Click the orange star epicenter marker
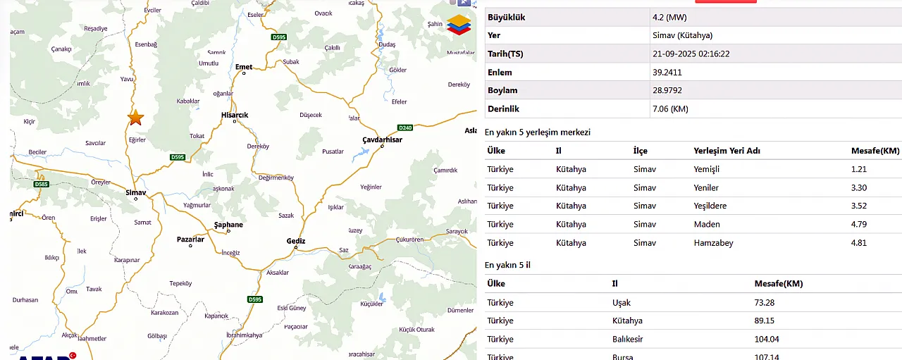[135, 118]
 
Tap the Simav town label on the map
[135, 192]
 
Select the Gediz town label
[296, 241]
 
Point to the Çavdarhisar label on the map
[382, 139]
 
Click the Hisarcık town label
[235, 115]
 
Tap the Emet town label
[244, 67]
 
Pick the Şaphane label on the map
[228, 225]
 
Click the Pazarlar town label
[190, 240]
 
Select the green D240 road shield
[405, 128]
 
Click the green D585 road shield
[42, 185]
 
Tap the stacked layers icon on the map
[459, 25]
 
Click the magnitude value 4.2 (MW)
[669, 17]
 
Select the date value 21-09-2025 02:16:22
[691, 54]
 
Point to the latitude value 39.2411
[667, 72]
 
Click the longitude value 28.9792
[667, 90]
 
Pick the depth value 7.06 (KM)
[671, 108]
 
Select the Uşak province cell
[622, 302]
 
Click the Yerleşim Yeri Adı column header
[727, 151]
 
